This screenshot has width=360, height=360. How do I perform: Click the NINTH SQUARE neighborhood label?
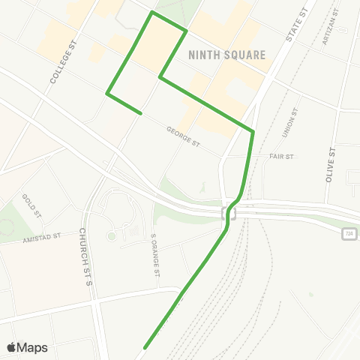point(228,54)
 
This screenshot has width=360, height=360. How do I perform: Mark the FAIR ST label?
point(281,157)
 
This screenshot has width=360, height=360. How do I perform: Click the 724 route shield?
point(349,235)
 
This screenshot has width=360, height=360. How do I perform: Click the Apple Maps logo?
point(11,347)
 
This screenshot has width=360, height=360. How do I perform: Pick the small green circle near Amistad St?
point(112,236)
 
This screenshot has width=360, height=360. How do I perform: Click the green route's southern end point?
point(144,347)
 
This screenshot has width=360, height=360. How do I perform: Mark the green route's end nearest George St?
point(141,113)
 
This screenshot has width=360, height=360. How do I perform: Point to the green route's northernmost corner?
point(153,12)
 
